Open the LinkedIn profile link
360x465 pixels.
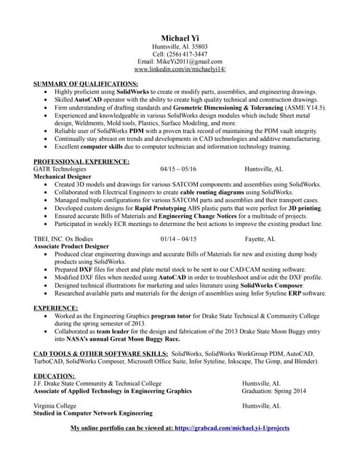180,70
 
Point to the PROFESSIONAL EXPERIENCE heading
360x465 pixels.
81,161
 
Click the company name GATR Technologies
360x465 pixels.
64,169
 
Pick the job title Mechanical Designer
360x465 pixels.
65,177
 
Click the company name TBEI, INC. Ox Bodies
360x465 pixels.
68,238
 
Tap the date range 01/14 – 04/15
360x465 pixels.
178,238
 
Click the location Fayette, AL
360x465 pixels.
260,238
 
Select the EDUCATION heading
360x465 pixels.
55,376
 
